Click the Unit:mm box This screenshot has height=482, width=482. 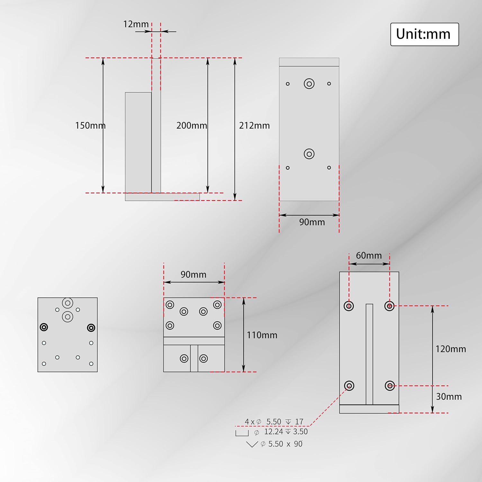tap(424, 34)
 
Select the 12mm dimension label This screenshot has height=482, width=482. tap(136, 24)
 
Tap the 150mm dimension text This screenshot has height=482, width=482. tap(90, 125)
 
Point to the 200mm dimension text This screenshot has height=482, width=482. tap(192, 125)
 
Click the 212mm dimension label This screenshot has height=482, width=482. tap(254, 125)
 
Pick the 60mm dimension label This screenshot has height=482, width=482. tap(369, 255)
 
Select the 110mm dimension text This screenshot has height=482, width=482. tap(262, 335)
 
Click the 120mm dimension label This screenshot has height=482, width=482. tap(450, 349)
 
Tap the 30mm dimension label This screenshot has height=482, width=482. tap(449, 397)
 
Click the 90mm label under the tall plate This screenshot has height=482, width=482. tap(312, 222)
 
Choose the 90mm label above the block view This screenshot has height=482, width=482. tap(193, 274)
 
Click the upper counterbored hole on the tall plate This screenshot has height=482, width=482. tap(309, 84)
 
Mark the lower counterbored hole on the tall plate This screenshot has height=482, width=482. tap(309, 154)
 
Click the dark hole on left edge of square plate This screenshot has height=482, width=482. tap(44, 327)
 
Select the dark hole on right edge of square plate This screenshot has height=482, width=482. tap(91, 328)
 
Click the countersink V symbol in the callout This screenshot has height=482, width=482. tap(252, 444)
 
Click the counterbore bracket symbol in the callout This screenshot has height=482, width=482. tap(242, 433)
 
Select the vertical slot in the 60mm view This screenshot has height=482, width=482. tap(369, 354)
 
